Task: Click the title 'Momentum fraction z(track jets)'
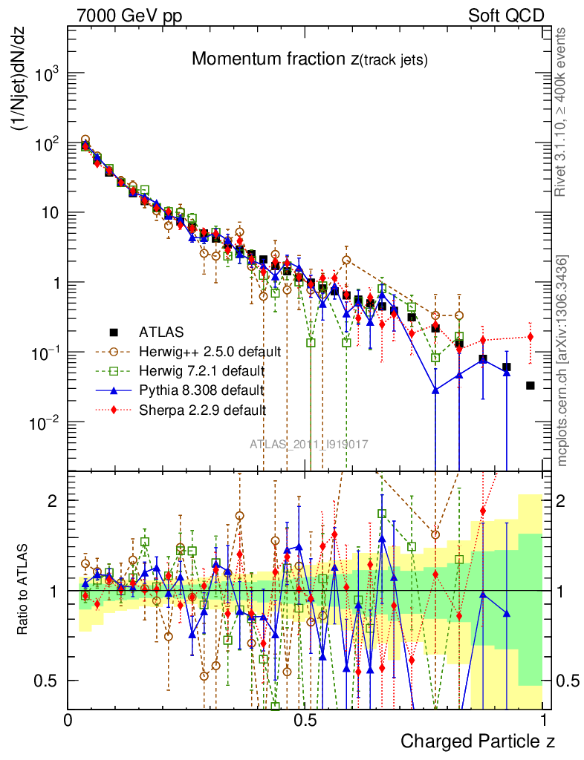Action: tap(309, 60)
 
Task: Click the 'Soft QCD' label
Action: tap(506, 16)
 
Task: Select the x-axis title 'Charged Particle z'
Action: tap(478, 741)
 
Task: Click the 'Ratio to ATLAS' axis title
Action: tap(23, 590)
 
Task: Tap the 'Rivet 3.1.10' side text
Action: tap(562, 111)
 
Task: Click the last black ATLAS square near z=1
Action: tap(531, 385)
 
